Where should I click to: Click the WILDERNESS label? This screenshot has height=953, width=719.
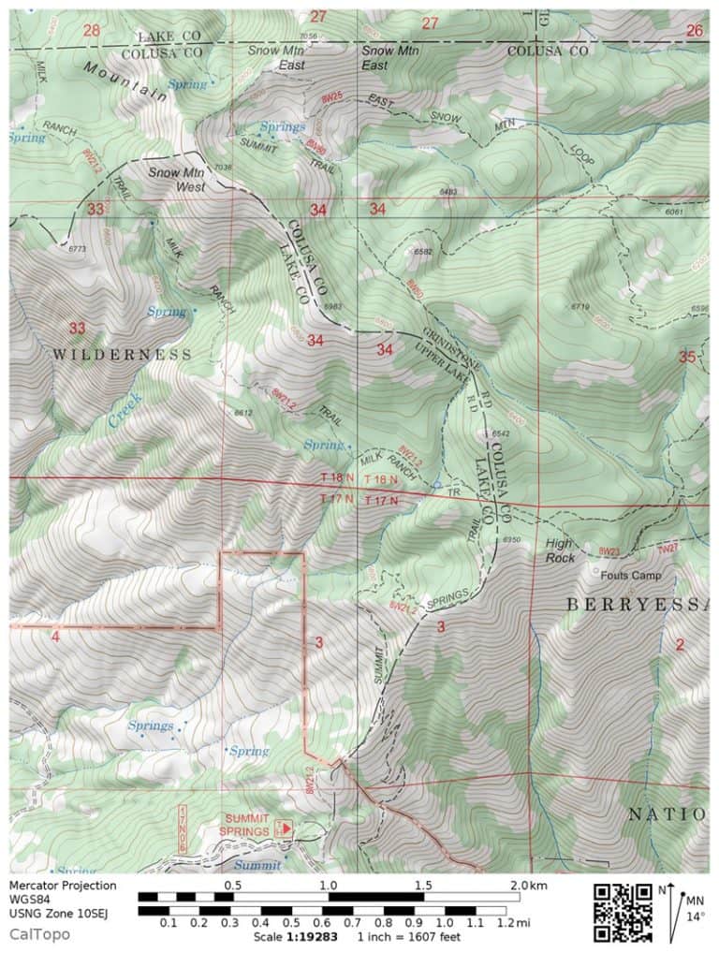[x=122, y=355]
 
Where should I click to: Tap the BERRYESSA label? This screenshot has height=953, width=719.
[x=638, y=606]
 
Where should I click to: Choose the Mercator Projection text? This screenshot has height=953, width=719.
[x=64, y=886]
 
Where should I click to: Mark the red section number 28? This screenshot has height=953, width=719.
[x=91, y=31]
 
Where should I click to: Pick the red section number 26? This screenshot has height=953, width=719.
[x=694, y=31]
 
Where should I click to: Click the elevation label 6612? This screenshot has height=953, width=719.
[x=243, y=413]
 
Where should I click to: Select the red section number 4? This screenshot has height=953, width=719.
[x=56, y=637]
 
